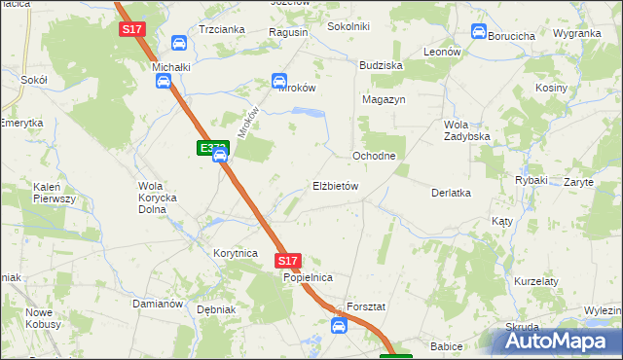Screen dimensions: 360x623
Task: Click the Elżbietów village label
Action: [x=337, y=186]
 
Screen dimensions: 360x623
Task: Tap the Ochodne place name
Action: [x=373, y=156]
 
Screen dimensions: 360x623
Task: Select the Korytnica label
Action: [x=235, y=253]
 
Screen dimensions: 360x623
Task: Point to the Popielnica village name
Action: [x=309, y=278]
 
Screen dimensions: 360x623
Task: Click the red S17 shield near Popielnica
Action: [x=287, y=261]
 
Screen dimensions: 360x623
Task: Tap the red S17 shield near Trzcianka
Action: [x=132, y=30]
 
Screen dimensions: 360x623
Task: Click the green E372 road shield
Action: [x=212, y=148]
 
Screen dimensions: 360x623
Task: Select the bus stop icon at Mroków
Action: [x=279, y=81]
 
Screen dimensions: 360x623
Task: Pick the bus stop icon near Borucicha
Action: [x=478, y=31]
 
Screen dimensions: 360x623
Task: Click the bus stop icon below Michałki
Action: [x=163, y=83]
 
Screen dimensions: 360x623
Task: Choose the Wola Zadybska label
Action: [x=466, y=130]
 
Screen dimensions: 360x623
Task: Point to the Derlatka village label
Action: [x=452, y=193]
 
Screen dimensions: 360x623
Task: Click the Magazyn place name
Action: [x=384, y=99]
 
